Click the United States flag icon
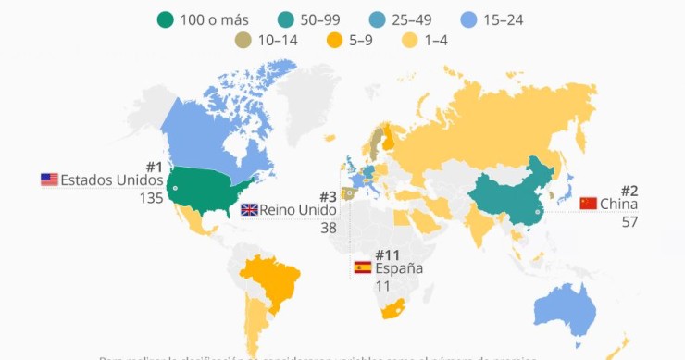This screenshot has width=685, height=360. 49,180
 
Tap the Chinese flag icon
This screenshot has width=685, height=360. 588,204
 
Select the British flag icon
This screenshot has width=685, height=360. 249,210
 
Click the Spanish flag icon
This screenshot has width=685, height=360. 363,268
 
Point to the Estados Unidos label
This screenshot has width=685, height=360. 111,180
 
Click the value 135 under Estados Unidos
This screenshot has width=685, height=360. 151,197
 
